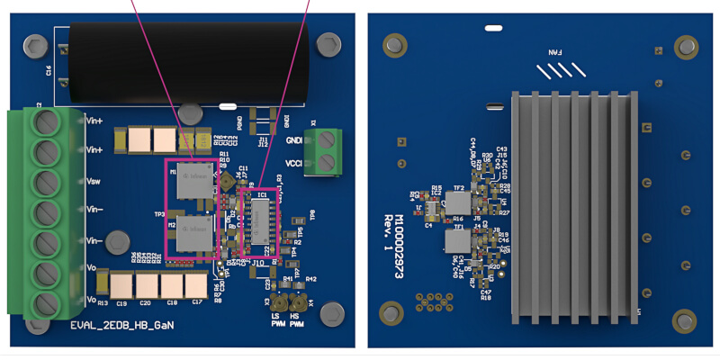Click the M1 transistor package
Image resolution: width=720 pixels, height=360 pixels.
tap(191, 179)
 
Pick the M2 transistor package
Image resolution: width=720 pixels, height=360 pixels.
tap(191, 233)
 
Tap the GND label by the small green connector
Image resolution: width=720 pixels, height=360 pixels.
tap(292, 142)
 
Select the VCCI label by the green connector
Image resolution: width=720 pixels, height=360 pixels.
tap(292, 163)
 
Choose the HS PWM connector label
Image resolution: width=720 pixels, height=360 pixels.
tap(309, 320)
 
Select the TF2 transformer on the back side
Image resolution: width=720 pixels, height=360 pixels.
tap(459, 201)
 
